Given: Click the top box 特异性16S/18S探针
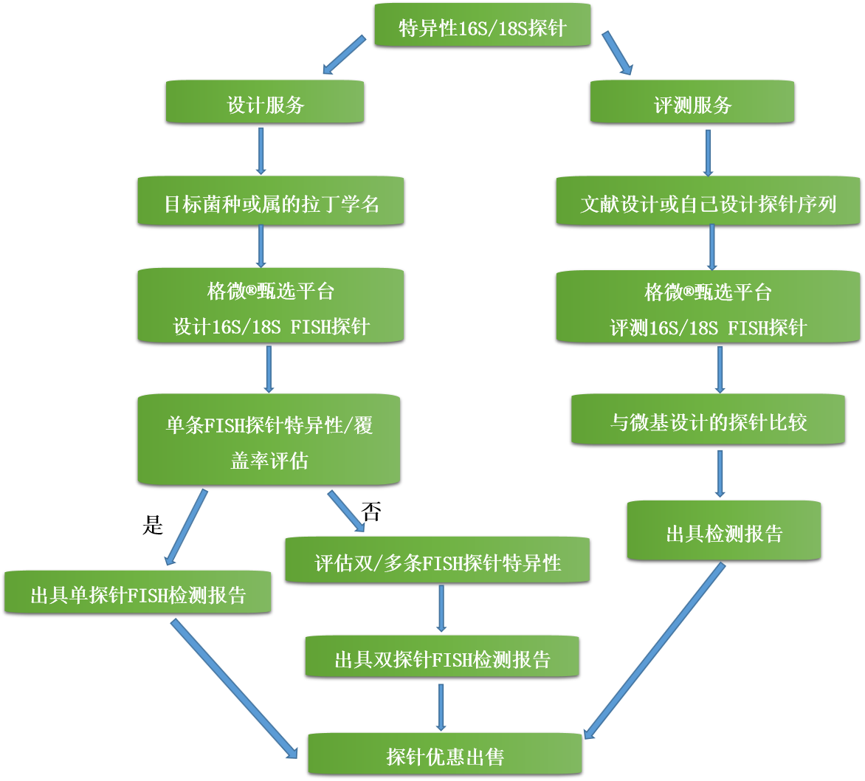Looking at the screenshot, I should (483, 27).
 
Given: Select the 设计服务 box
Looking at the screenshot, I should (265, 103).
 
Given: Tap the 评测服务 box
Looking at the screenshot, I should (692, 103).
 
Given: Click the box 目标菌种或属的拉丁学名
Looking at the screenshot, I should (271, 202).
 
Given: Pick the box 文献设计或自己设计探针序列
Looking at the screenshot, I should (708, 202).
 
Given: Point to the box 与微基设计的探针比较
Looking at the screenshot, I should (708, 421).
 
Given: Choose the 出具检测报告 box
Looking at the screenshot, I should (724, 532).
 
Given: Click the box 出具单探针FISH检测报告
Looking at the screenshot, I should (138, 594).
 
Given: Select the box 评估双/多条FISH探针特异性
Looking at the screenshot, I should (438, 562).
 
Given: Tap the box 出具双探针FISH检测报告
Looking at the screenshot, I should (442, 658).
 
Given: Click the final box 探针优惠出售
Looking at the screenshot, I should (445, 755).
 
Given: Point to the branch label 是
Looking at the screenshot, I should (152, 525).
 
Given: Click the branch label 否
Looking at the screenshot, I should (371, 511).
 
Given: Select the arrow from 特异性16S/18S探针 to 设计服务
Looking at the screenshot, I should (345, 55).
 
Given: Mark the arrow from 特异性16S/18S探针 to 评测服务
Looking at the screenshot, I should (618, 53).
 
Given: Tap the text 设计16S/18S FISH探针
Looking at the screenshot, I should (271, 326).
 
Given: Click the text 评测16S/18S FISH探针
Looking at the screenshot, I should (708, 327).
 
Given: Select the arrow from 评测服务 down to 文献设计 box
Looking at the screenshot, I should (708, 153).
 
